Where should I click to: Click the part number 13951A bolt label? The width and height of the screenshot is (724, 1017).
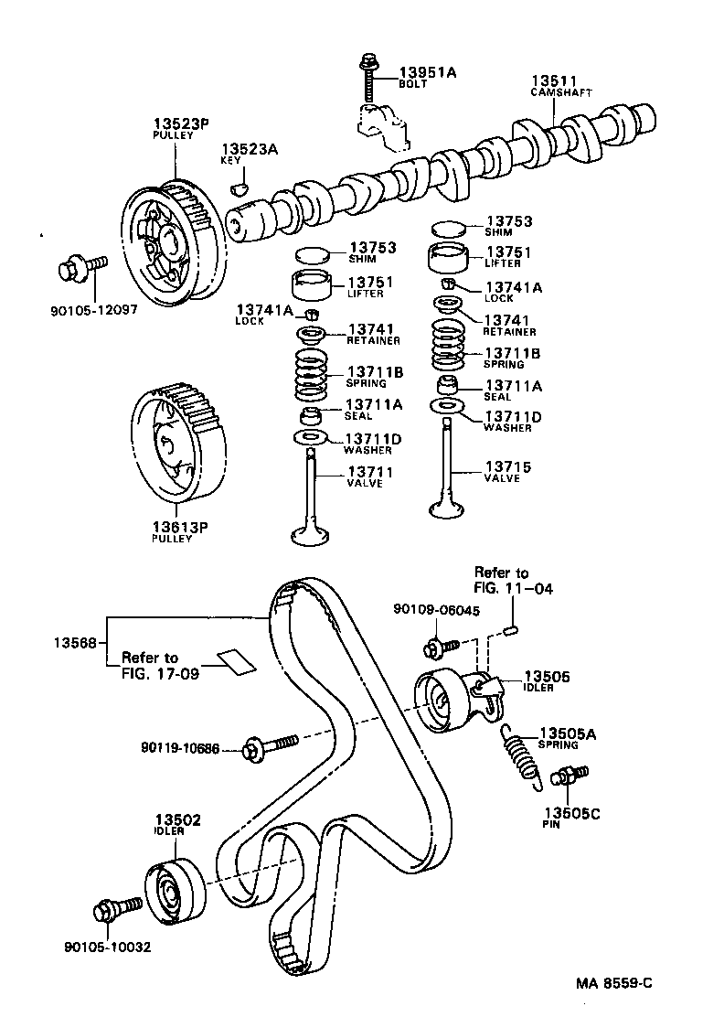[427, 71]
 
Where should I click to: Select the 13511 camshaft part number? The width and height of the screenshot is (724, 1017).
[552, 80]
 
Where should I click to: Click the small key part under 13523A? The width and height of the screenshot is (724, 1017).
[240, 188]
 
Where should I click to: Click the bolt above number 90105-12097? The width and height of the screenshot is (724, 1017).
[79, 268]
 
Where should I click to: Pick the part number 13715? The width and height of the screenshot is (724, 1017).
[507, 467]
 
